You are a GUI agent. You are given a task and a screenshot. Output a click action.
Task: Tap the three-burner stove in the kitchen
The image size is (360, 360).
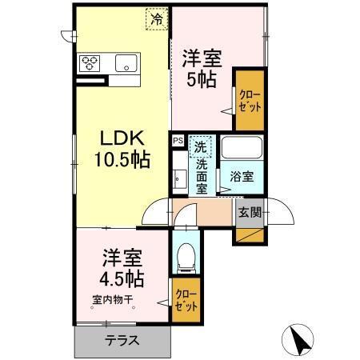[x=89, y=64]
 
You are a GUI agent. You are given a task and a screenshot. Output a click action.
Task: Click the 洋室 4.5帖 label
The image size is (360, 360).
[x=121, y=270]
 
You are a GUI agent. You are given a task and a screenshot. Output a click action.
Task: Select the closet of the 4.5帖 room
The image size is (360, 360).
[x=184, y=299]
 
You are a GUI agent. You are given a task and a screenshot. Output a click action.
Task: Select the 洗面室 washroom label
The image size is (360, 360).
[x=202, y=175]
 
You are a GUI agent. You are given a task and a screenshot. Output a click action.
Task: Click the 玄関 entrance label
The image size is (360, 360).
[x=249, y=213]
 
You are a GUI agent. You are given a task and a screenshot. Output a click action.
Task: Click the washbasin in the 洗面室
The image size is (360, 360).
[x=178, y=177]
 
